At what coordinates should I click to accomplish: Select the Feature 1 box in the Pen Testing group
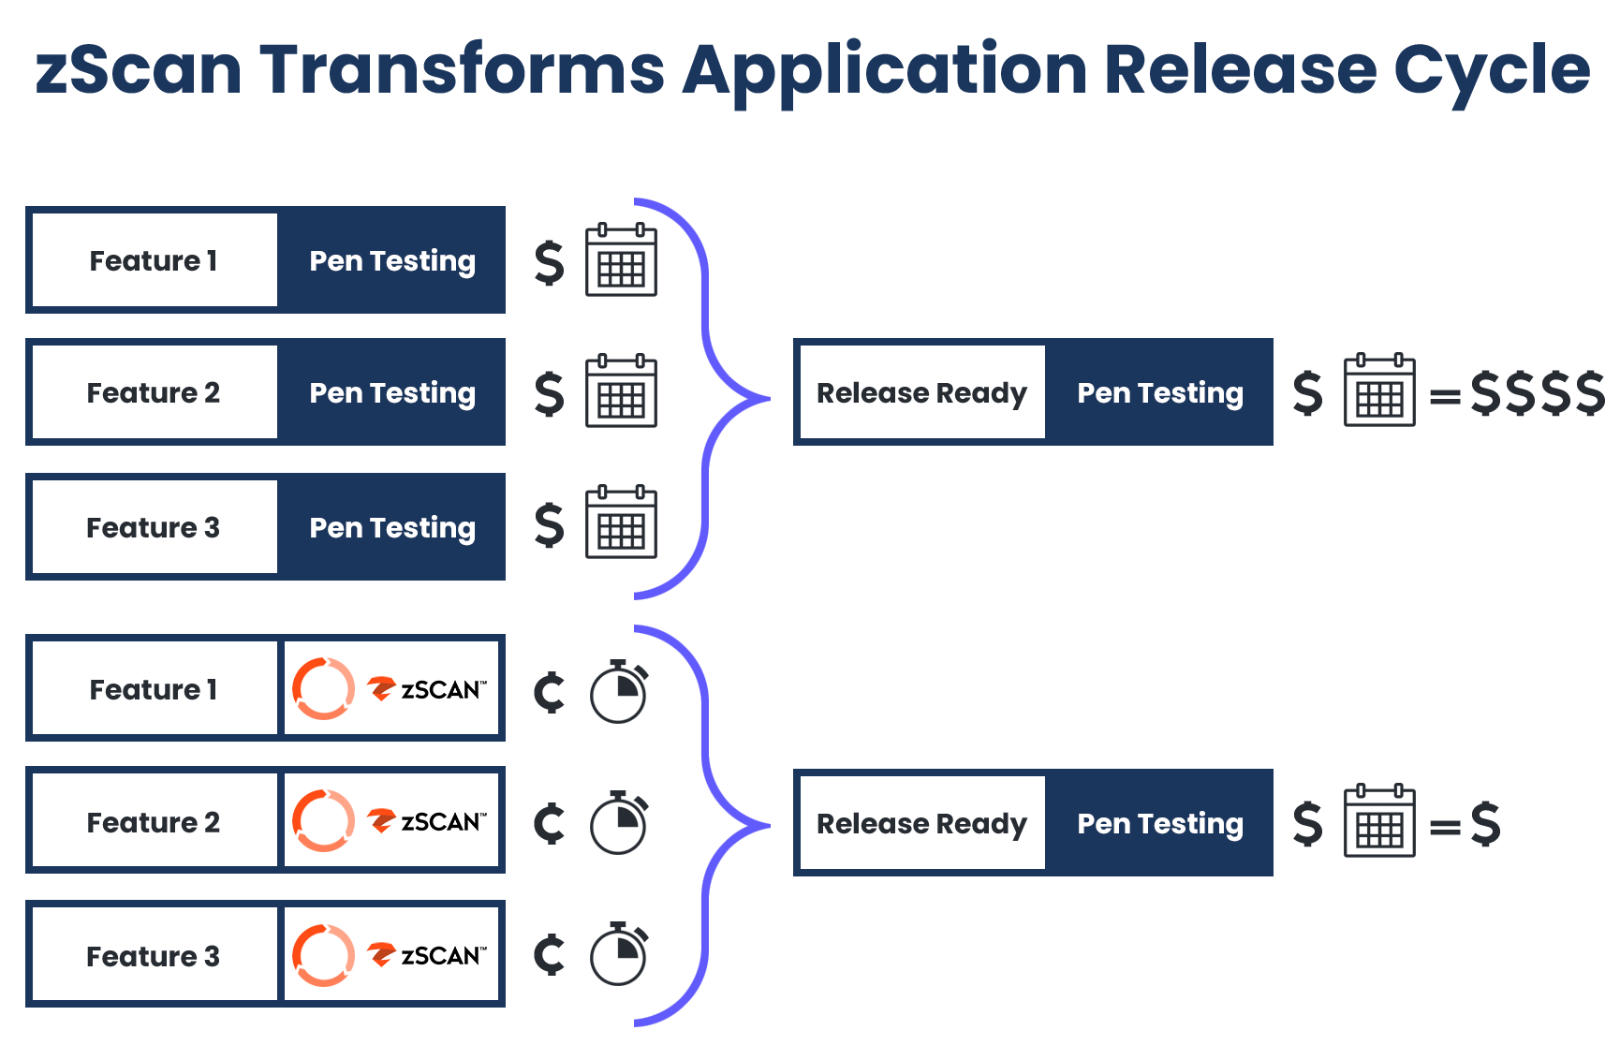click(155, 260)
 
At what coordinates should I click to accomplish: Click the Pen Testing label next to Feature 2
click(392, 392)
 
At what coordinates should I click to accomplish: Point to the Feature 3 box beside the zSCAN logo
click(155, 956)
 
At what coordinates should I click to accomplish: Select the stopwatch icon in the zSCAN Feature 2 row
click(619, 823)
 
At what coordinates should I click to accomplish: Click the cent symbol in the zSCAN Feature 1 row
click(550, 692)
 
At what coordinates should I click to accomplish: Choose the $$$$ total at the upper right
click(1537, 392)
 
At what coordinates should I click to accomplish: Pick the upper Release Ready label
click(921, 392)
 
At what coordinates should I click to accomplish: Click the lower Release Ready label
click(921, 823)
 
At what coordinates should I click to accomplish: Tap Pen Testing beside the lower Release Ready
click(1160, 823)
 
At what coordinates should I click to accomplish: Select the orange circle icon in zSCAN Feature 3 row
click(324, 955)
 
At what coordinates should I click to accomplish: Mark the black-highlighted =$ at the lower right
click(1465, 824)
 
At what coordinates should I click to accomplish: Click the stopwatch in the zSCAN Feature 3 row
click(619, 954)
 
